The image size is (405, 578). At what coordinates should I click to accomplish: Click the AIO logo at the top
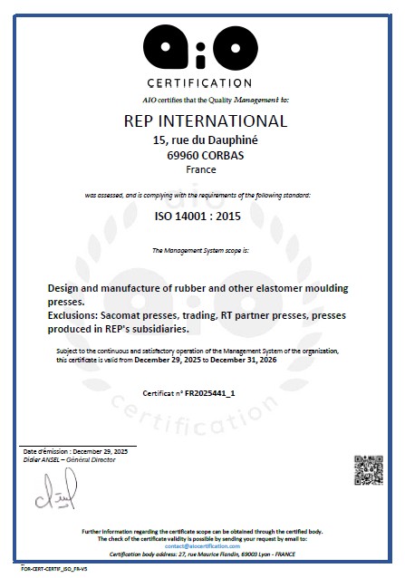204,43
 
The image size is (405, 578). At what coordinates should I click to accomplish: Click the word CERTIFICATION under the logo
204,83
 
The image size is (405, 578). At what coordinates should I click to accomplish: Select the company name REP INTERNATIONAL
204,121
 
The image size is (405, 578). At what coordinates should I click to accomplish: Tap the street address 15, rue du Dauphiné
203,140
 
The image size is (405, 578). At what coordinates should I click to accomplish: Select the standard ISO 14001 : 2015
203,217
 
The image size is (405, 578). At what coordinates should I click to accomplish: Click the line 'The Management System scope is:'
201,249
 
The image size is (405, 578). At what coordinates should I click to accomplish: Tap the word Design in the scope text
64,288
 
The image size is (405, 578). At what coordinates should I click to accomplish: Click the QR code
363,467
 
